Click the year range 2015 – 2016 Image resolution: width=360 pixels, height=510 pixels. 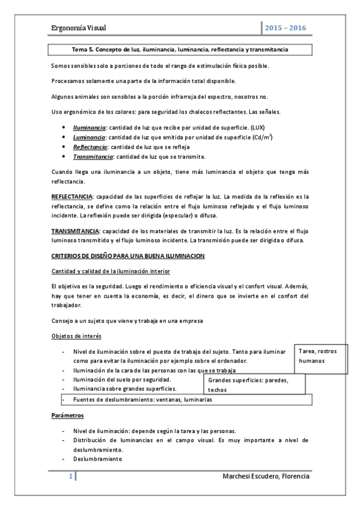285,29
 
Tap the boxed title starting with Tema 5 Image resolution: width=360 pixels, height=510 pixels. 180,50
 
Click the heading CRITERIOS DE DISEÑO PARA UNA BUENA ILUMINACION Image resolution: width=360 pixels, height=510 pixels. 128,256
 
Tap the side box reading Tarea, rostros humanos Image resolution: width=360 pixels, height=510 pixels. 322,356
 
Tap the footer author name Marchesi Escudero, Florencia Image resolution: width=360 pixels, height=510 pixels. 266,476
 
